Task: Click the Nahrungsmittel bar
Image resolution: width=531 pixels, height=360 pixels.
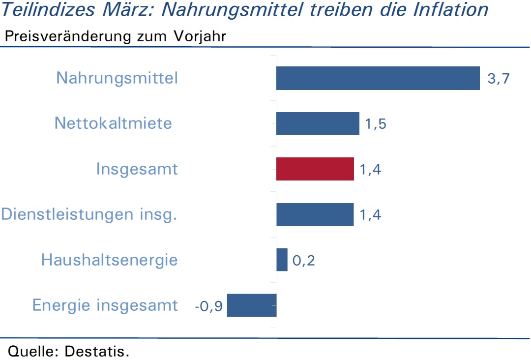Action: (x=378, y=78)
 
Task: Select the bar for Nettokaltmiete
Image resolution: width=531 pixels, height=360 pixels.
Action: (x=318, y=123)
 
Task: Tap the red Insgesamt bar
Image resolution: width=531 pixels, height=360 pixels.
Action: (x=315, y=169)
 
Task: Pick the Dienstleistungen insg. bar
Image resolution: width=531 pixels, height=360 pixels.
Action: (x=315, y=214)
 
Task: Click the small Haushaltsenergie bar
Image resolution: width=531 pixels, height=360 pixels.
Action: (x=282, y=260)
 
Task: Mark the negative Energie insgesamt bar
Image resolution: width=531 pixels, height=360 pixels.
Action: (x=252, y=305)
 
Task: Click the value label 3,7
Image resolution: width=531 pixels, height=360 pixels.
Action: (x=499, y=79)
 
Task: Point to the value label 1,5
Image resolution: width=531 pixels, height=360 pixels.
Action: (x=376, y=124)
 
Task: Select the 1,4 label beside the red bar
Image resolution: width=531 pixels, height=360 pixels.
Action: (x=370, y=169)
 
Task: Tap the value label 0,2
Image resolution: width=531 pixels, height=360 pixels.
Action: (x=303, y=261)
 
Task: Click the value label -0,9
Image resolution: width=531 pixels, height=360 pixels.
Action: (x=208, y=306)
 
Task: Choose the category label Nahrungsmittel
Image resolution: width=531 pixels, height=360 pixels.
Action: (x=117, y=78)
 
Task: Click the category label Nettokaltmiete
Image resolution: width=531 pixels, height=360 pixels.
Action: (x=113, y=123)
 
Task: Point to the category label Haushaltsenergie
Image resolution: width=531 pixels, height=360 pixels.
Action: (x=109, y=261)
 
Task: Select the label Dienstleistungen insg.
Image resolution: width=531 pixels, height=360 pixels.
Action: (x=89, y=215)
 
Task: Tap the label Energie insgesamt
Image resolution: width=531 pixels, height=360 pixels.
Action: (x=105, y=305)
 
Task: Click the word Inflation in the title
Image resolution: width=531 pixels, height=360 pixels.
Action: (x=451, y=9)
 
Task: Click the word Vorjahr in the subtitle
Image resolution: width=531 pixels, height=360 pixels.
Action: (x=200, y=36)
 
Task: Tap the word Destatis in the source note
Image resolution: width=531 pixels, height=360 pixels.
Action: (x=97, y=351)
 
